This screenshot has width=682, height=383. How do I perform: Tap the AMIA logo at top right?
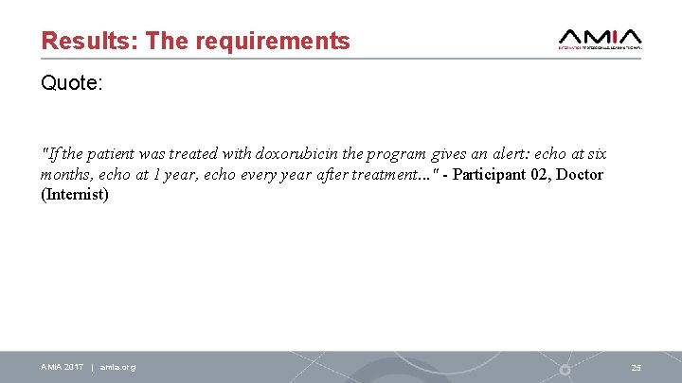[x=601, y=37]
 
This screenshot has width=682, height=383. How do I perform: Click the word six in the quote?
[x=596, y=153]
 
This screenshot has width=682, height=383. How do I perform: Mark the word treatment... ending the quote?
[x=392, y=175]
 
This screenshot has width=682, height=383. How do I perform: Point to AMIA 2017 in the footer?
[x=62, y=367]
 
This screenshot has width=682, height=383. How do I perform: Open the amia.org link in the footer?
[x=117, y=367]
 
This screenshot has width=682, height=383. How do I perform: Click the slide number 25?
[x=636, y=367]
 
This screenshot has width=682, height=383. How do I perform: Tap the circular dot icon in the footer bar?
[x=565, y=369]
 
